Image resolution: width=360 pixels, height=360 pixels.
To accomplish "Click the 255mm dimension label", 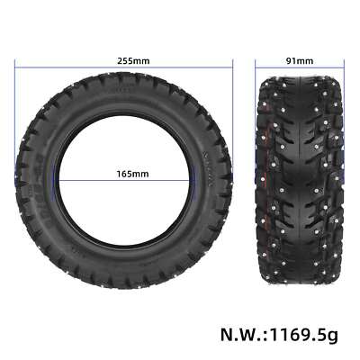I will coord(132,61).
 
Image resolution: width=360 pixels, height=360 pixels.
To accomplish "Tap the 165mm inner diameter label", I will coord(132,173).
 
